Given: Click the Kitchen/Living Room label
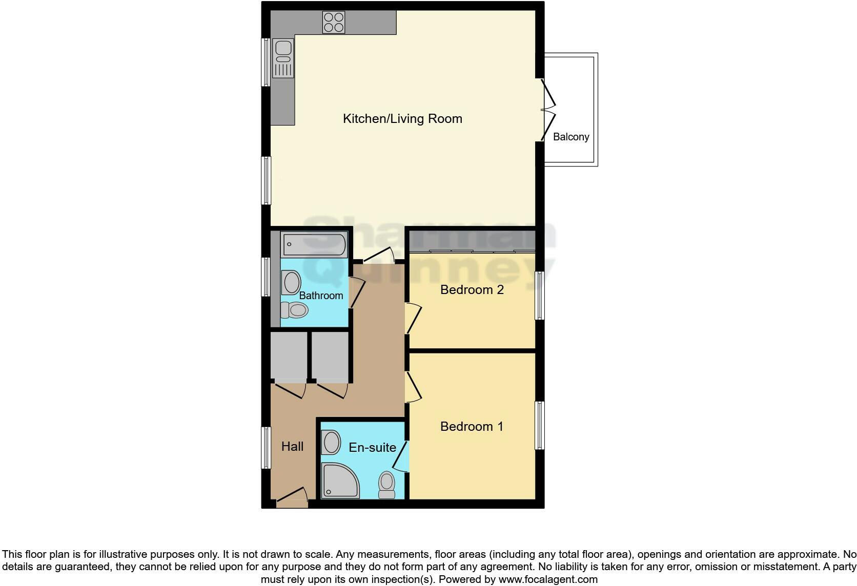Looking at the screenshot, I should click(x=402, y=119).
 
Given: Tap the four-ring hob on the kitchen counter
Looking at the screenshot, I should click(x=333, y=23).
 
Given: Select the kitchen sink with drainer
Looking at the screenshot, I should click(x=283, y=58).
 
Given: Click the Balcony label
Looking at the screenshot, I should click(x=571, y=137).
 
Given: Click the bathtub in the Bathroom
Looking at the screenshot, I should click(x=314, y=245).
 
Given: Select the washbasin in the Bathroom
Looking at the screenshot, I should click(x=291, y=283).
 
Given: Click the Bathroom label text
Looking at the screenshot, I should click(x=321, y=296).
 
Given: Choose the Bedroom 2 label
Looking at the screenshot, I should click(x=472, y=290).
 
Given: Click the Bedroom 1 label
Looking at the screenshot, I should click(x=472, y=427).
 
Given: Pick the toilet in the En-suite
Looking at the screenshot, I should click(x=386, y=485).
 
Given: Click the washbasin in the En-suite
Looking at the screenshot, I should click(x=331, y=442).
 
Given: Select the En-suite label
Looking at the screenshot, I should click(x=372, y=448).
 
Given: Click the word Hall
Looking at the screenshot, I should click(x=292, y=447).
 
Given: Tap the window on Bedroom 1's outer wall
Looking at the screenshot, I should click(x=540, y=425).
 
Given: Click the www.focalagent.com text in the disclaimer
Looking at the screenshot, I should click(x=548, y=580).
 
